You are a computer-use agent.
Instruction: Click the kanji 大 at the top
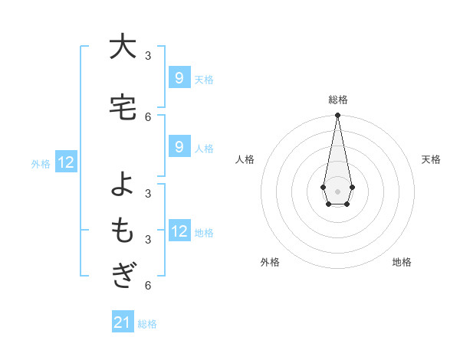pos(122,47)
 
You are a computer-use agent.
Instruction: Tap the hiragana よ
pos(122,185)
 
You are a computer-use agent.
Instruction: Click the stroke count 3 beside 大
pos(148,56)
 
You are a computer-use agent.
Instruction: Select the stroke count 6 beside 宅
pos(148,116)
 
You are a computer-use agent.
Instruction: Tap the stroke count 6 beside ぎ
pos(148,286)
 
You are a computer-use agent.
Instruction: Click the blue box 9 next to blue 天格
pos(179,78)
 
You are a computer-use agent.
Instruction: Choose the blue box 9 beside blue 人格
pos(179,147)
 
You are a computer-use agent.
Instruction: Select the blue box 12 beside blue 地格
pos(179,231)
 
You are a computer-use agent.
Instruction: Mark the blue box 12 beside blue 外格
pos(65,162)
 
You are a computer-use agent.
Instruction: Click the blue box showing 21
pos(123,323)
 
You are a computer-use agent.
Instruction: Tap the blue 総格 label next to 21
pos(147,324)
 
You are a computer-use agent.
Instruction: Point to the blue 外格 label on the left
pos(41,163)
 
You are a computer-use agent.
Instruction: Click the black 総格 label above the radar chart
pos(337,100)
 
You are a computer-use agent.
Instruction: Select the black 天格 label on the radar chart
pos(431,159)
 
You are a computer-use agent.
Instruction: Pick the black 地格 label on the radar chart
pos(402,262)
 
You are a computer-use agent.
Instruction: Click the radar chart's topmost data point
pos(337,115)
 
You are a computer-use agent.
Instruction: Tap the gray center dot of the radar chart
pos(337,190)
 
